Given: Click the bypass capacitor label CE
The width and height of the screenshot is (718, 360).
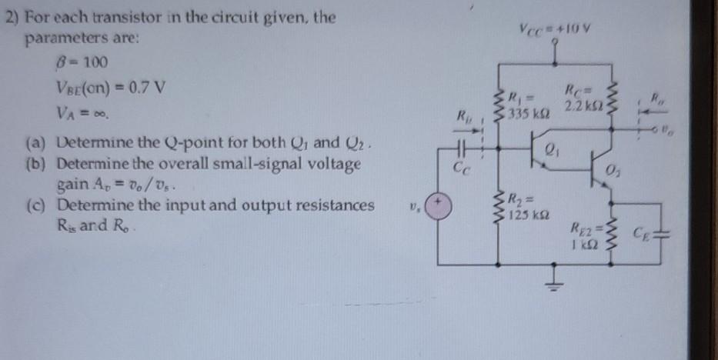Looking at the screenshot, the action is pos(643,231).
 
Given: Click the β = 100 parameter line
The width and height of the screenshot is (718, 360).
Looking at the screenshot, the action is pos(68,62).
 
